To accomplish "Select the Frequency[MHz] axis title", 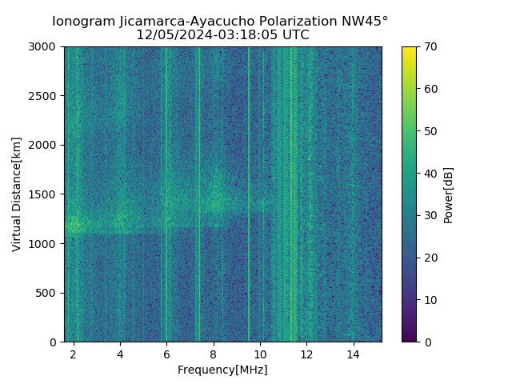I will (222, 370).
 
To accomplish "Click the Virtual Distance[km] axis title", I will (17, 194).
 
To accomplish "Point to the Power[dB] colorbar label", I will (449, 194).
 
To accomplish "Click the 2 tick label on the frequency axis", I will (74, 354).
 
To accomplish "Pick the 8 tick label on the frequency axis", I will (213, 354).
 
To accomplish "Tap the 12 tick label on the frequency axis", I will (306, 354).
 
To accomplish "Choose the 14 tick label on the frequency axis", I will (353, 354).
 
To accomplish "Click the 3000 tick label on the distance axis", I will (45, 47).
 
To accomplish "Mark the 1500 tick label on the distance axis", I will (45, 194).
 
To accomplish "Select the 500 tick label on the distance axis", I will (48, 293).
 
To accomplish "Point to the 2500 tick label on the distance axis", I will (45, 96).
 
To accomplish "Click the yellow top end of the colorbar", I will (409, 50).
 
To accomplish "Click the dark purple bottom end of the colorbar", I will (409, 339).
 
